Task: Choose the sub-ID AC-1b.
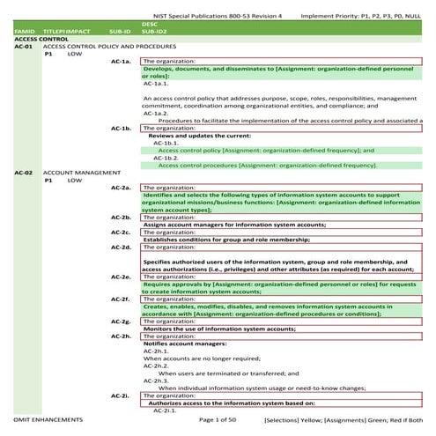pyautogui.click(x=122, y=129)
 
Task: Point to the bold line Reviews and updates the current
pyautogui.click(x=199, y=137)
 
